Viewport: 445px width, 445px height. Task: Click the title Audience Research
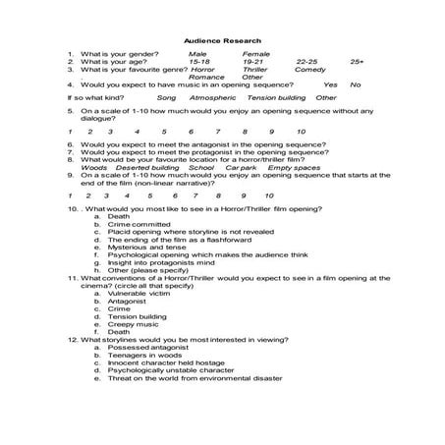222,40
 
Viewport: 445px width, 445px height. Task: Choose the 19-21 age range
254,62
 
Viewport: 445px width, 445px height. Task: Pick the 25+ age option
356,62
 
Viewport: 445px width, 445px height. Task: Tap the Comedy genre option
310,70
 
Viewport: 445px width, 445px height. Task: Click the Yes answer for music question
330,84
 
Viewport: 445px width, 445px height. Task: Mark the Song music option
166,98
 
